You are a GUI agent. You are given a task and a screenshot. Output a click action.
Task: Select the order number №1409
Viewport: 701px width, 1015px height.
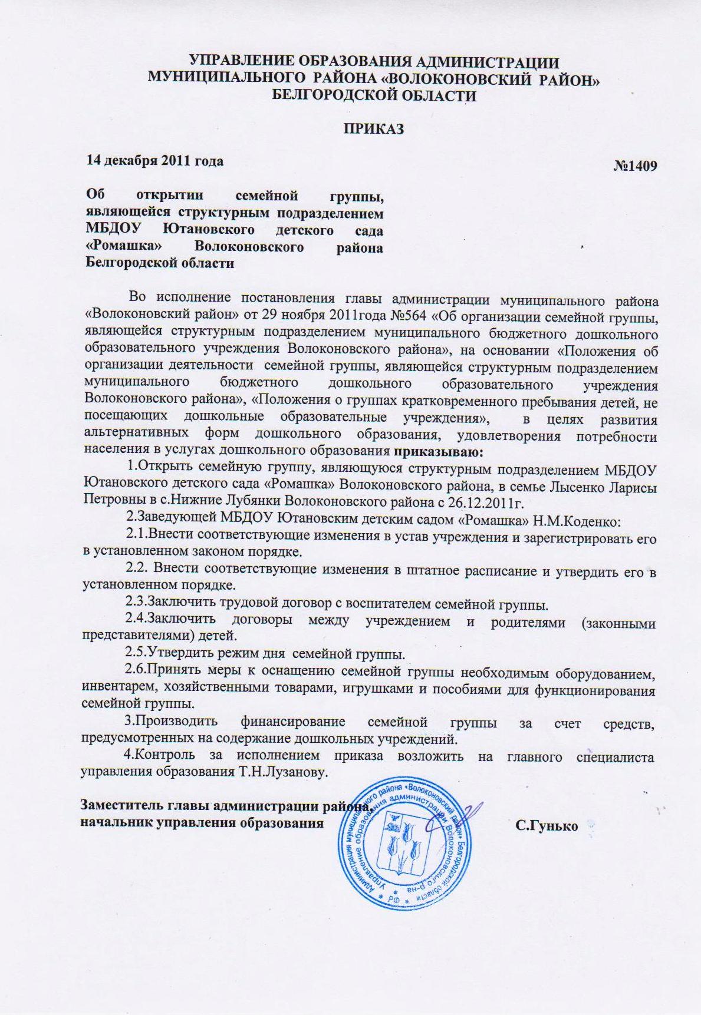pos(635,166)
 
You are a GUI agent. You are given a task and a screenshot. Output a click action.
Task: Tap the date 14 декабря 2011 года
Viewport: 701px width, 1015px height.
pos(155,160)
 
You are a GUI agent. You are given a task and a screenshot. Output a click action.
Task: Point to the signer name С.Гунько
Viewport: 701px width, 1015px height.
pos(546,826)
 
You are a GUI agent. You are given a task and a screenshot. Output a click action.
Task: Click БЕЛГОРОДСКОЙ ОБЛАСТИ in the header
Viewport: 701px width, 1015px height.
pos(374,96)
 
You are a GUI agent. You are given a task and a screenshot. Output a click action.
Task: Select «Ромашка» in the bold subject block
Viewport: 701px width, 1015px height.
pos(124,246)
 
